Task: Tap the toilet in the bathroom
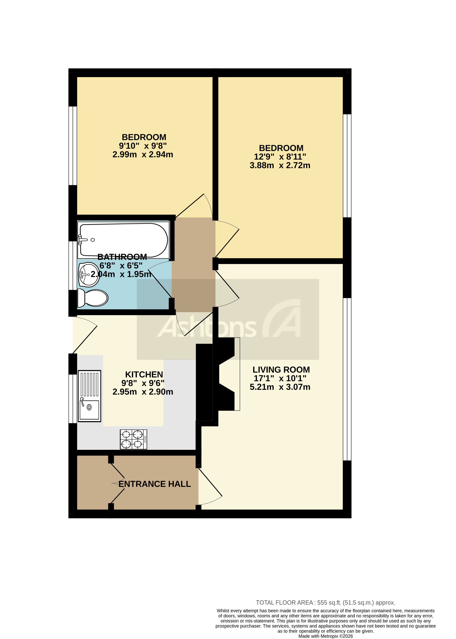click(93, 298)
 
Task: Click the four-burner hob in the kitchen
click(133, 439)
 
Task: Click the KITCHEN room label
click(144, 375)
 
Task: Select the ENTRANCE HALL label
click(155, 484)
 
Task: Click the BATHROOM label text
click(122, 257)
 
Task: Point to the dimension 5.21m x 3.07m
click(280, 387)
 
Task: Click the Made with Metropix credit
click(325, 636)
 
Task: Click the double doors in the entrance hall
click(117, 483)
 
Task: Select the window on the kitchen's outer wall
click(73, 398)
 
